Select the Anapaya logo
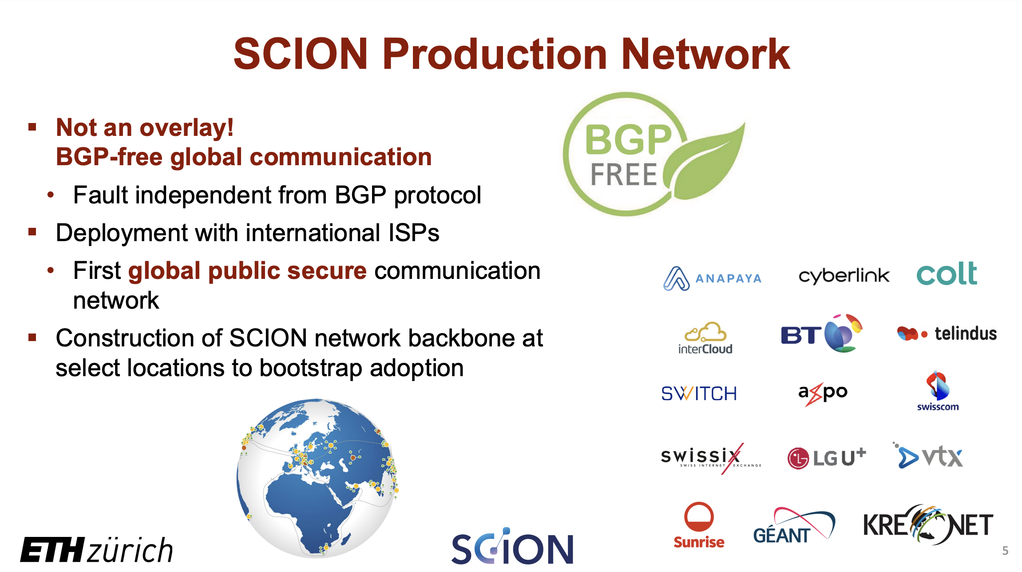tap(712, 278)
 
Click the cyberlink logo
tap(844, 276)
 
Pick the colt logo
tap(947, 274)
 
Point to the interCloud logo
tap(705, 338)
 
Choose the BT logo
tap(821, 334)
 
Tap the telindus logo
tap(947, 333)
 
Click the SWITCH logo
tap(699, 393)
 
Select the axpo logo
tap(823, 393)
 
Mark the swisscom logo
tap(938, 391)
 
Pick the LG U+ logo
tap(827, 458)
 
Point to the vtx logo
tap(928, 456)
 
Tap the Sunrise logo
tap(699, 525)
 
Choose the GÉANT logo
tap(794, 526)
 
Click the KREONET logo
tap(928, 524)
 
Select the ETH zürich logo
tap(96, 550)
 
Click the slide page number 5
tap(1005, 551)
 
